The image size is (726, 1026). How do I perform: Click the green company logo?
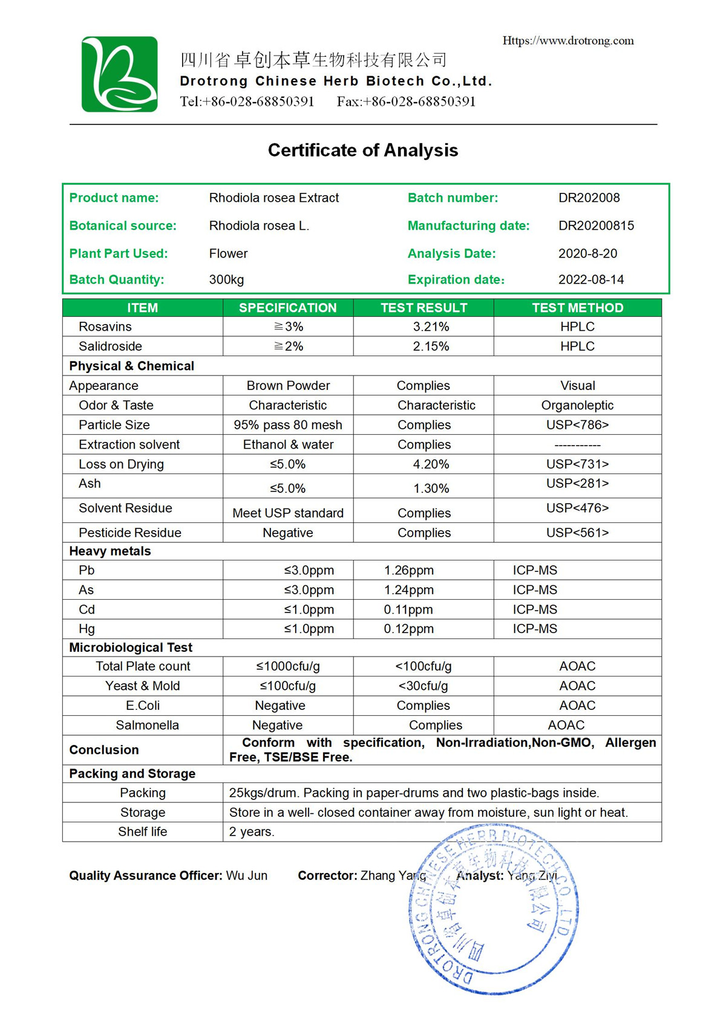click(x=119, y=74)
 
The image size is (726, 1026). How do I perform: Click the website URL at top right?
click(x=568, y=41)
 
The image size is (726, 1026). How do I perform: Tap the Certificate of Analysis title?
click(x=363, y=150)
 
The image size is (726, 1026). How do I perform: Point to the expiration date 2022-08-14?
click(x=590, y=279)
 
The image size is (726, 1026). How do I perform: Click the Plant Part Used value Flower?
click(x=228, y=253)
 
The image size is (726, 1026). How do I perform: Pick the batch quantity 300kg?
click(x=226, y=279)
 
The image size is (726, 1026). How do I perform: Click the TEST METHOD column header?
click(x=577, y=308)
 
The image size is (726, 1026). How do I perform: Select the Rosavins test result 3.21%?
click(x=431, y=326)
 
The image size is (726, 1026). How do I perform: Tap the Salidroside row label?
click(x=110, y=346)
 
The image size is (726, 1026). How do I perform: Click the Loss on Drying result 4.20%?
click(x=431, y=464)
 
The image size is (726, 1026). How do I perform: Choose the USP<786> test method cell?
click(x=577, y=425)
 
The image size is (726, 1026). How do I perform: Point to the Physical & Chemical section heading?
click(x=131, y=366)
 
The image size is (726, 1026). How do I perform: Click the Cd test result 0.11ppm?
click(x=408, y=609)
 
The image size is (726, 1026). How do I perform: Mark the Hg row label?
click(x=87, y=629)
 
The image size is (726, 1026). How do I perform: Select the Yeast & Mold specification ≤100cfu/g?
click(x=287, y=686)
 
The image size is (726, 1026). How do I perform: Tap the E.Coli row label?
click(x=142, y=706)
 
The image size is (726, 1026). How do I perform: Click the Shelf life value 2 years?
click(x=252, y=832)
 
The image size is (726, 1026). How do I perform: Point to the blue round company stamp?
click(x=493, y=907)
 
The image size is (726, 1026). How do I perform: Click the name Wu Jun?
click(x=247, y=875)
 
